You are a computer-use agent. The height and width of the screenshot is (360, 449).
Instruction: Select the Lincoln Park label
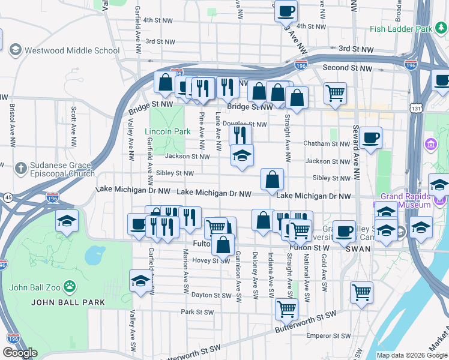pyautogui.click(x=167, y=131)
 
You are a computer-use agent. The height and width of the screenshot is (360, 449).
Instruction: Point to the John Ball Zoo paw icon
pyautogui.click(x=70, y=286)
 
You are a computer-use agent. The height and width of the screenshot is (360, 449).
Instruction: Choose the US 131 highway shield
pyautogui.click(x=415, y=107)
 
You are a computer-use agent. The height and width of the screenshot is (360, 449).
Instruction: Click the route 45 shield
pyautogui.click(x=8, y=196)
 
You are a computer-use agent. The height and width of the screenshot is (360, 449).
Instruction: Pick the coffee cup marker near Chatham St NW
pyautogui.click(x=370, y=137)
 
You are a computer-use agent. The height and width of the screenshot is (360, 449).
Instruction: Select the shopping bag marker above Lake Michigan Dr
pyautogui.click(x=273, y=179)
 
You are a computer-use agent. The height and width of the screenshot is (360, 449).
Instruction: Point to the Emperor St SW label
pyautogui.click(x=323, y=335)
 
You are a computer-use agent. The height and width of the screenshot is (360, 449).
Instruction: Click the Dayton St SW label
pyautogui.click(x=211, y=295)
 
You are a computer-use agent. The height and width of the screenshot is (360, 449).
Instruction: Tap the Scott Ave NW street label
pyautogui.click(x=73, y=127)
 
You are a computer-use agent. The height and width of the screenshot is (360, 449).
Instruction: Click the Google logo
pyautogui.click(x=20, y=353)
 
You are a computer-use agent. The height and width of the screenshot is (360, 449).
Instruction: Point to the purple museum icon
pyautogui.click(x=430, y=144)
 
